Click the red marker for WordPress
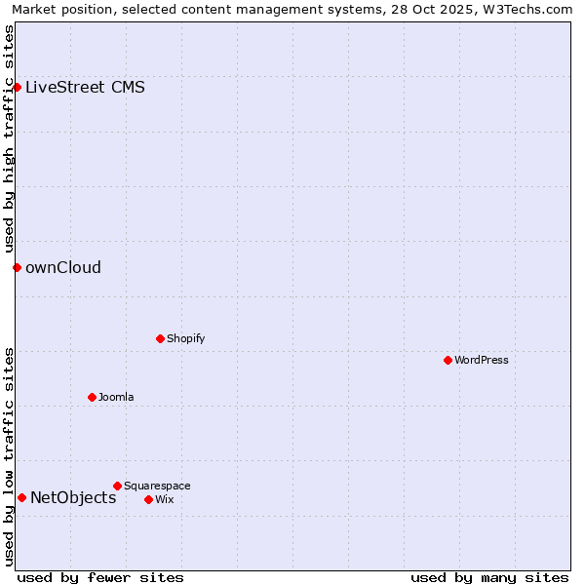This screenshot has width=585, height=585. click(x=448, y=360)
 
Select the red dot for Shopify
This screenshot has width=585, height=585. click(x=160, y=338)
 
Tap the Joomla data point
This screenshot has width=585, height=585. click(x=92, y=397)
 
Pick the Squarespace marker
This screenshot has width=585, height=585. click(x=117, y=486)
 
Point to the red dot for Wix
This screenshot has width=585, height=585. click(x=148, y=499)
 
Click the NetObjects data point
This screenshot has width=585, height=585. click(x=21, y=497)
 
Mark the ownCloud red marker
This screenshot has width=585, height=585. click(x=17, y=267)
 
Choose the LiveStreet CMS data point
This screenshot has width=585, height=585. click(x=17, y=87)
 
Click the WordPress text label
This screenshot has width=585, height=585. click(x=482, y=360)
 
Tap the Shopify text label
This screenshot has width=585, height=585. click(x=186, y=338)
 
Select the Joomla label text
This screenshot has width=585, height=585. click(x=116, y=397)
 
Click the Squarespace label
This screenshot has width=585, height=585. click(x=157, y=486)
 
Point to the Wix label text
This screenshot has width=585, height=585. click(x=164, y=499)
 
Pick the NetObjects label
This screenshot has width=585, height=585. click(x=73, y=497)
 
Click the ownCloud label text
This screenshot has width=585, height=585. click(x=63, y=267)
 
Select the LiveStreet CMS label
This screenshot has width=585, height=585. click(x=86, y=87)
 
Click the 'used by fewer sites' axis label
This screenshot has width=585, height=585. click(x=100, y=577)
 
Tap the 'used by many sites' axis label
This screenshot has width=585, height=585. click(x=489, y=577)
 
